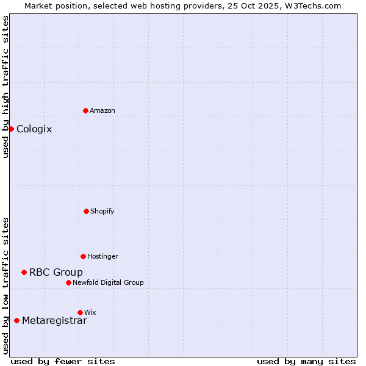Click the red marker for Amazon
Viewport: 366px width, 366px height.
tap(85, 110)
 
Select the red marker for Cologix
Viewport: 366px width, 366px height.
tap(11, 129)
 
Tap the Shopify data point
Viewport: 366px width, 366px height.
tap(86, 211)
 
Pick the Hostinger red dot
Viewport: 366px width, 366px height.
tap(83, 256)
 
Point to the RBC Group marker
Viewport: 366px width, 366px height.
tap(24, 272)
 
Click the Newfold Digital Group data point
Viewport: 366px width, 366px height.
tap(68, 282)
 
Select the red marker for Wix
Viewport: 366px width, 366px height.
tap(80, 312)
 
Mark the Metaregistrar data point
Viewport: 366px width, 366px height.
tap(16, 320)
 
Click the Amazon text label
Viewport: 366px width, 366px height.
tap(102, 110)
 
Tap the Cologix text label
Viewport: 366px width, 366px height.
tap(34, 129)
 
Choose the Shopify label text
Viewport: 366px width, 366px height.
tap(102, 211)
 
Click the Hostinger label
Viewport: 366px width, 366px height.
tap(102, 256)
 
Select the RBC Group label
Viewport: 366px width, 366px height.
tap(56, 272)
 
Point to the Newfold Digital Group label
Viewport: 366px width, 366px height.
tap(108, 282)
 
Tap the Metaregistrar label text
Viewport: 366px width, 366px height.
tap(54, 321)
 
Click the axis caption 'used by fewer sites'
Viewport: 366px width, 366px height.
tap(63, 361)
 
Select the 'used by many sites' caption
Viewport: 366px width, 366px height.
tap(306, 361)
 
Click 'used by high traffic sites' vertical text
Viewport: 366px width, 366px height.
tap(5, 87)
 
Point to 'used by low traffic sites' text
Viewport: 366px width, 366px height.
tap(5, 285)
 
